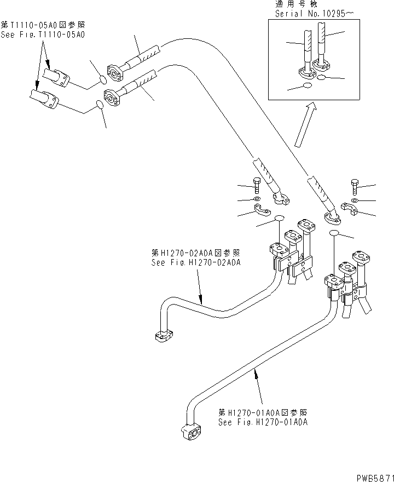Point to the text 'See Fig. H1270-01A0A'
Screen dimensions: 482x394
[x=263, y=422]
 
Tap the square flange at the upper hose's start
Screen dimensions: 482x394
[x=117, y=71]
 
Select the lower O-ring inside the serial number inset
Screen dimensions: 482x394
[x=308, y=86]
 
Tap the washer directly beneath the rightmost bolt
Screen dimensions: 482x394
[x=354, y=200]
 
